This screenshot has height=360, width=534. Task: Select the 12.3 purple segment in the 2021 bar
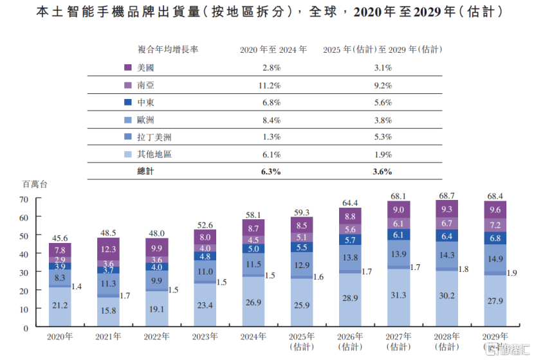pyautogui.click(x=109, y=249)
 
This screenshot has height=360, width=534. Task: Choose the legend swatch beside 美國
pyautogui.click(x=128, y=67)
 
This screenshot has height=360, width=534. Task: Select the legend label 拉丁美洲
pyautogui.click(x=154, y=137)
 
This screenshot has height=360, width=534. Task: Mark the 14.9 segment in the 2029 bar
pyautogui.click(x=495, y=259)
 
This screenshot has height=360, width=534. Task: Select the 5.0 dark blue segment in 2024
pyautogui.click(x=253, y=249)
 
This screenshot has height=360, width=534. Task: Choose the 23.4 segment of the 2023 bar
pyautogui.click(x=205, y=305)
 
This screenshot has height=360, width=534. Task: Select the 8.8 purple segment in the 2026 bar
pyautogui.click(x=350, y=217)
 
